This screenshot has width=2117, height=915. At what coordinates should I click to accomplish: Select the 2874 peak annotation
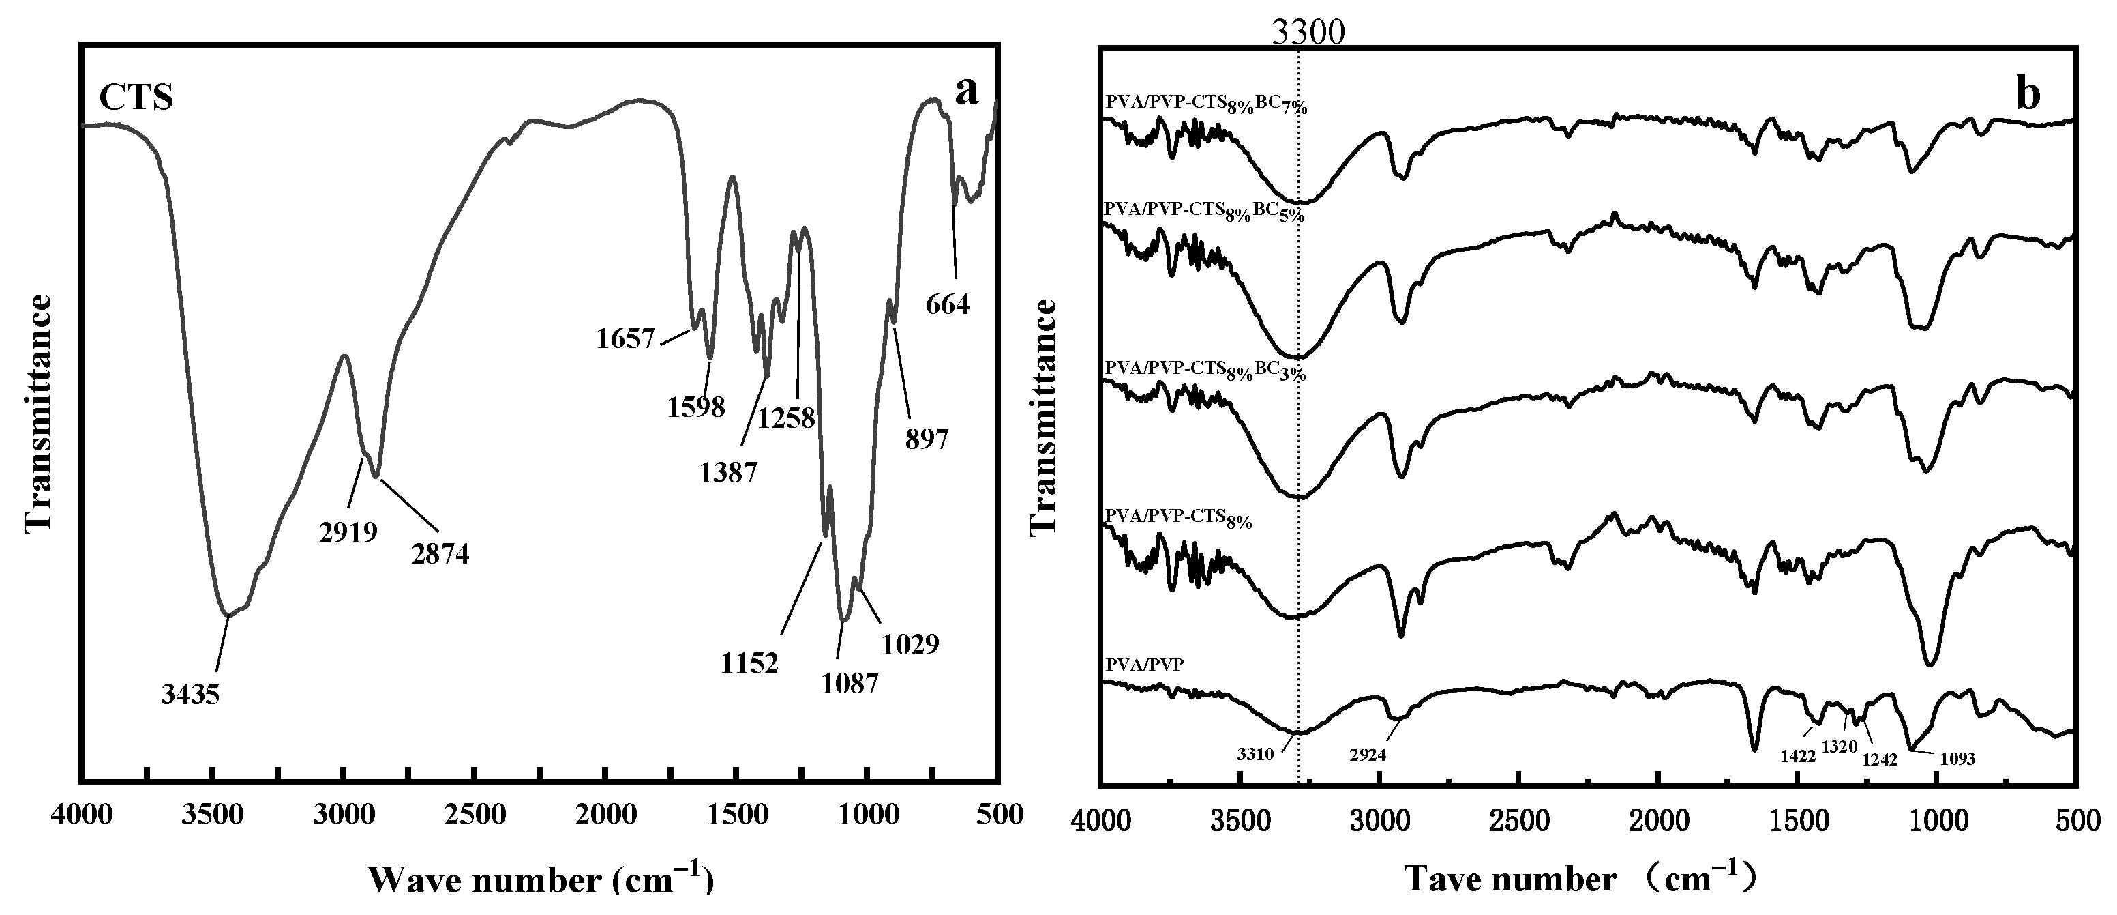(440, 554)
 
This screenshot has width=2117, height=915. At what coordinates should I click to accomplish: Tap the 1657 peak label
(625, 338)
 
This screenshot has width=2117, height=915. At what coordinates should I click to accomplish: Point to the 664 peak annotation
(948, 305)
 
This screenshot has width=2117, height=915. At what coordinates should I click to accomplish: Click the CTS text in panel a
(136, 98)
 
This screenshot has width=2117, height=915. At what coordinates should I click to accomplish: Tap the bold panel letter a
(967, 91)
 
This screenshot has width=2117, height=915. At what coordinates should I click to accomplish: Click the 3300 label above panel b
(1308, 32)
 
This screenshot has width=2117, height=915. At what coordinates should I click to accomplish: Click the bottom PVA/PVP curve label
(1145, 665)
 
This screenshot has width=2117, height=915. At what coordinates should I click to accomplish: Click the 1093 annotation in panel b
(1957, 759)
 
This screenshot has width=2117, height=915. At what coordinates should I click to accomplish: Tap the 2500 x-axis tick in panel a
(474, 815)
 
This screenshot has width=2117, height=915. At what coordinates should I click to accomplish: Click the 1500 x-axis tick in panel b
(1798, 823)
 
